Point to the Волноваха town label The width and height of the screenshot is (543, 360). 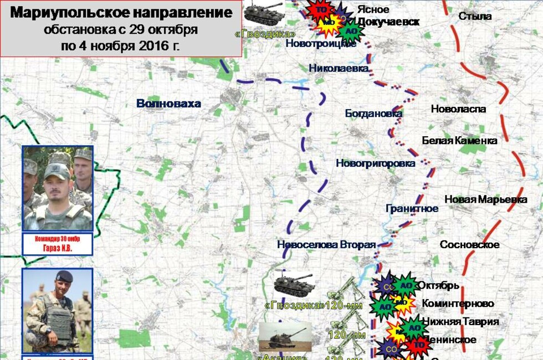pos(169,104)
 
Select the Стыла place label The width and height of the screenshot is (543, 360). pos(475,16)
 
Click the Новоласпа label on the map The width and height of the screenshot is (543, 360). pos(458,109)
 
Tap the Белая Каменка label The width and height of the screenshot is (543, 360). pos(459,141)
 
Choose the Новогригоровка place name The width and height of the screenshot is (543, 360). pos(375,163)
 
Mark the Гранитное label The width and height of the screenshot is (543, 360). pos(412,209)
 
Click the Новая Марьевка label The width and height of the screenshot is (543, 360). pos(485,199)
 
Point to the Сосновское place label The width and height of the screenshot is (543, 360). pos(469,245)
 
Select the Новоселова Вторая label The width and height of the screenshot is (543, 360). pos(326,245)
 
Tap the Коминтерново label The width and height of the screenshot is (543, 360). pos(458,304)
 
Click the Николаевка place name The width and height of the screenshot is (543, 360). pos(339,68)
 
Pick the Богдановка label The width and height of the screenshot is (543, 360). pos(373,114)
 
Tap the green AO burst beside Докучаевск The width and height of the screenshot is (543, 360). pos(351,32)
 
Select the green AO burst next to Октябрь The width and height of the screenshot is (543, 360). pos(406,285)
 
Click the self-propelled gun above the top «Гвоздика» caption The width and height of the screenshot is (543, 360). pos(263,13)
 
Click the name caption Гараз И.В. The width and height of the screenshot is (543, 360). pos(58,249)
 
